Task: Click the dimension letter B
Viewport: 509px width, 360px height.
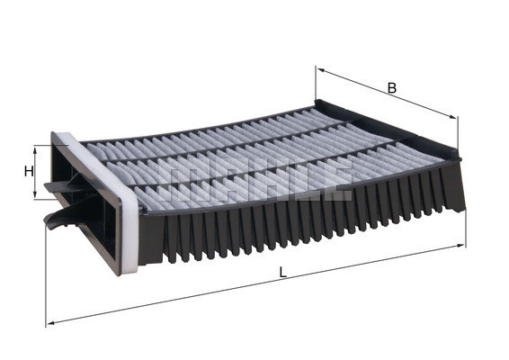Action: point(391,87)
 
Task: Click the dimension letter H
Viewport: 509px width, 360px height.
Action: point(29,171)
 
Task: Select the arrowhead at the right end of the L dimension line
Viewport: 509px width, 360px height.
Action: point(463,244)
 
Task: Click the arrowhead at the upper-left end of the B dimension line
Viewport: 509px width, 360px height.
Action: point(319,70)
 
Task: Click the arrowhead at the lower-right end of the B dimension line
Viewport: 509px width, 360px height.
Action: point(454,118)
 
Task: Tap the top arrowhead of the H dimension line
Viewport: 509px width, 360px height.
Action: point(38,148)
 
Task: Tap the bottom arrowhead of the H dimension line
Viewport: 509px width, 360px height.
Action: point(38,195)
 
